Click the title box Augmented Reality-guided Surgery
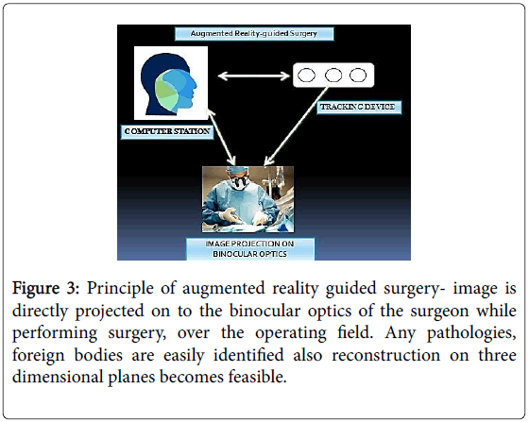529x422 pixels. click(254, 33)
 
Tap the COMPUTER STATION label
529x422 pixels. click(167, 131)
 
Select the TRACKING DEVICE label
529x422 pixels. click(359, 108)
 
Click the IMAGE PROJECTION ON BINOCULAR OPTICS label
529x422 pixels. click(250, 248)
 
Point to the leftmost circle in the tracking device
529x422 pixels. click(307, 75)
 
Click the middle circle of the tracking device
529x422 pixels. click(333, 75)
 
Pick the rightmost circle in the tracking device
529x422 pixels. click(358, 75)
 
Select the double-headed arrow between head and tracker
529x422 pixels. click(253, 76)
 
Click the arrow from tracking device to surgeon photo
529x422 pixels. click(297, 126)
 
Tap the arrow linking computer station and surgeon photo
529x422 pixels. click(222, 136)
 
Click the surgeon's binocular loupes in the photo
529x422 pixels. click(240, 182)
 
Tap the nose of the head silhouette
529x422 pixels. click(195, 84)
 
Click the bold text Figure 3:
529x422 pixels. click(45, 289)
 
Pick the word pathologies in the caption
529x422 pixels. click(471, 333)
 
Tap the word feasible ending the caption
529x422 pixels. click(257, 376)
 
